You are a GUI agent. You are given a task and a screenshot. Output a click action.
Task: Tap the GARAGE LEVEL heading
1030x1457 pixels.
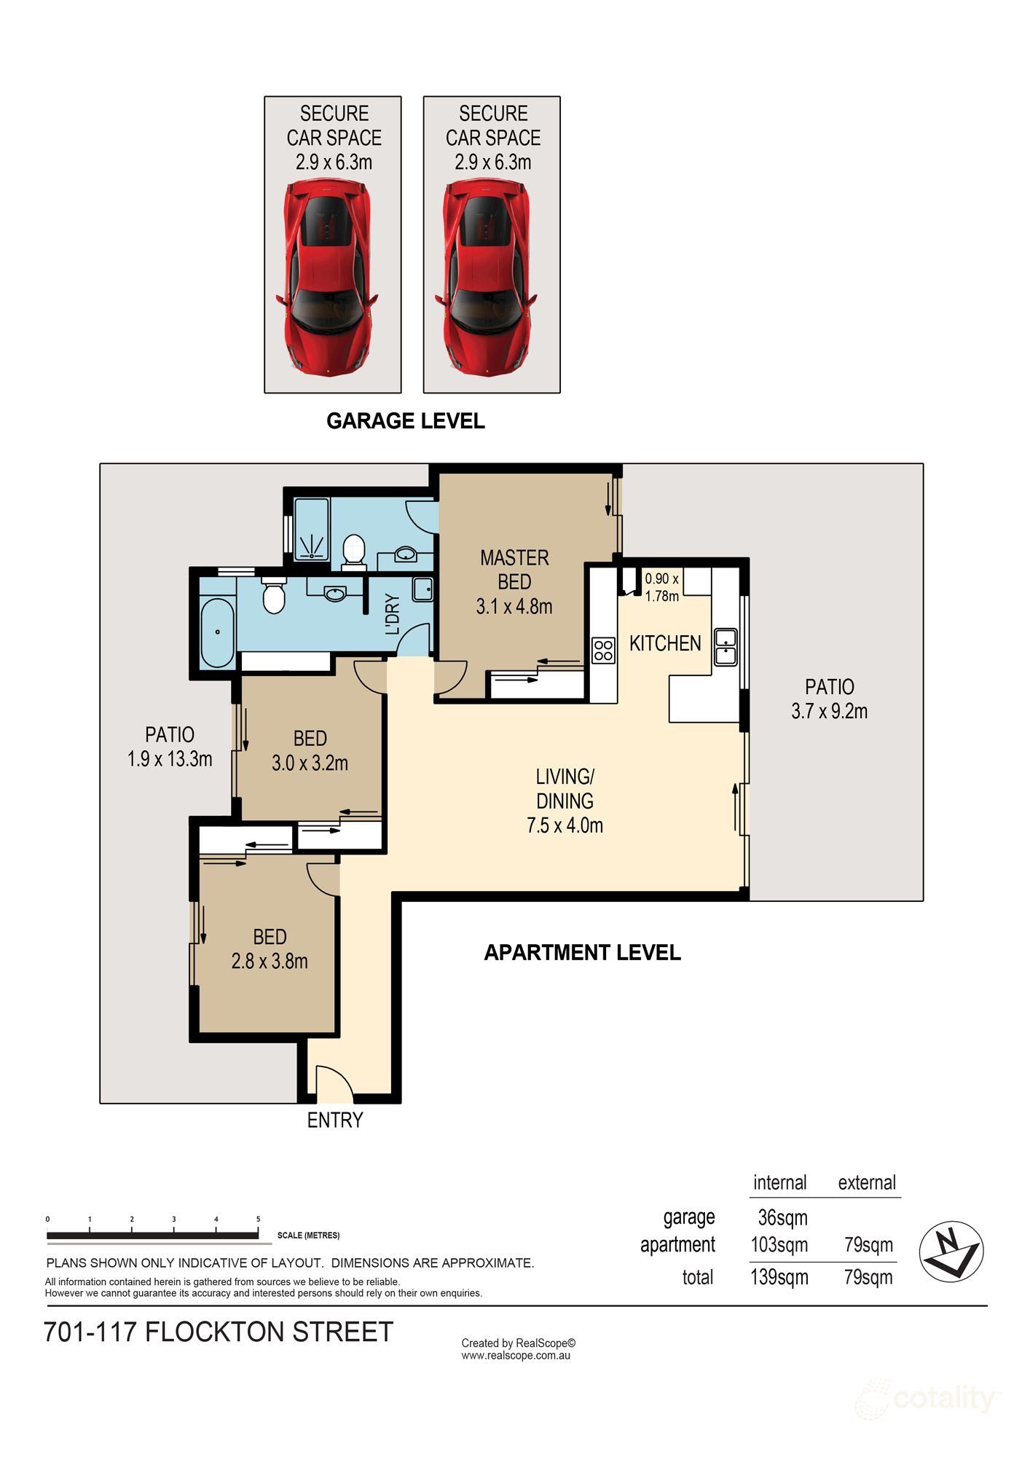(405, 421)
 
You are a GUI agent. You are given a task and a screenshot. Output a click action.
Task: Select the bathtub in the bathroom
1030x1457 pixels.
(217, 632)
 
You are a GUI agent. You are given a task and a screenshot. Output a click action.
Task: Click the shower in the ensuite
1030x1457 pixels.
(312, 530)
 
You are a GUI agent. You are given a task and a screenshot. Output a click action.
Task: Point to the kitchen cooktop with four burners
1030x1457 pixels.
(603, 650)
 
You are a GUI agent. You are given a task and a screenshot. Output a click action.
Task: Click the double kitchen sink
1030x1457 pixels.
(726, 646)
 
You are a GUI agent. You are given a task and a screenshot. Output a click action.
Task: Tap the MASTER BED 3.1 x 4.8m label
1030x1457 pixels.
(514, 582)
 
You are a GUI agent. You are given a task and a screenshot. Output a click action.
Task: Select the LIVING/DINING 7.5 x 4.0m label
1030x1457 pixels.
(565, 801)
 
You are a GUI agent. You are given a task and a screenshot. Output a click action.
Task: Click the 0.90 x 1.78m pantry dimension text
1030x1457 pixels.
(661, 587)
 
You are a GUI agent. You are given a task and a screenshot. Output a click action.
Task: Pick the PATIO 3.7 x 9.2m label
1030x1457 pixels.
(829, 699)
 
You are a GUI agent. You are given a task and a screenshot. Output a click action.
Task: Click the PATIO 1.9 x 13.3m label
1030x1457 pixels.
(170, 747)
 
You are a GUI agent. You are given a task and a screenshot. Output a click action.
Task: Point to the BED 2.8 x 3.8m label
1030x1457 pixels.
(270, 949)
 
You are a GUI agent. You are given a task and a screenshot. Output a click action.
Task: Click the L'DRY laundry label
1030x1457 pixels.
(393, 614)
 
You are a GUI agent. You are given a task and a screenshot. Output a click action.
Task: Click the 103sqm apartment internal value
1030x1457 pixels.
(779, 1244)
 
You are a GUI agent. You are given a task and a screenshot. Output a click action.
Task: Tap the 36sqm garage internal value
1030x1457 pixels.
(782, 1217)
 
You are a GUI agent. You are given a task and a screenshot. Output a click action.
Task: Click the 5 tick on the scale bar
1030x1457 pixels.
(258, 1219)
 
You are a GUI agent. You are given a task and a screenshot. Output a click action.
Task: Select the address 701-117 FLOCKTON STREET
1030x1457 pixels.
(219, 1332)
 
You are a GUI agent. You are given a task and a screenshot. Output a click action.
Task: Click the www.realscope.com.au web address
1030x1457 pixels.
(515, 1356)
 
